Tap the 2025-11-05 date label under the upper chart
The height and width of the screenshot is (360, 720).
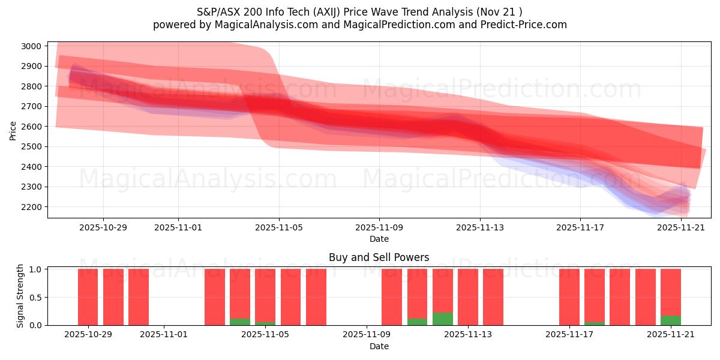(x=278, y=228)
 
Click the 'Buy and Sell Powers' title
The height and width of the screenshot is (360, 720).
(x=379, y=257)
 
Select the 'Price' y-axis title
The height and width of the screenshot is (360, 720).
(x=13, y=130)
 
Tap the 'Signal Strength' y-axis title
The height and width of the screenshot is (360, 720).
(x=20, y=296)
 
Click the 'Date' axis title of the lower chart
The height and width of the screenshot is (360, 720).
(x=379, y=346)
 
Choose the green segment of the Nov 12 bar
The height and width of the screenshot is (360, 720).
(x=443, y=319)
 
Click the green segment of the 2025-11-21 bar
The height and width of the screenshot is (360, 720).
(x=671, y=320)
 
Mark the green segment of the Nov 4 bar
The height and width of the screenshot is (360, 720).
(x=240, y=322)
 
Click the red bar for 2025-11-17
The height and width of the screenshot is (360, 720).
(x=569, y=297)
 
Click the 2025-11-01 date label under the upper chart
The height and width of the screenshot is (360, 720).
(x=178, y=228)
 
